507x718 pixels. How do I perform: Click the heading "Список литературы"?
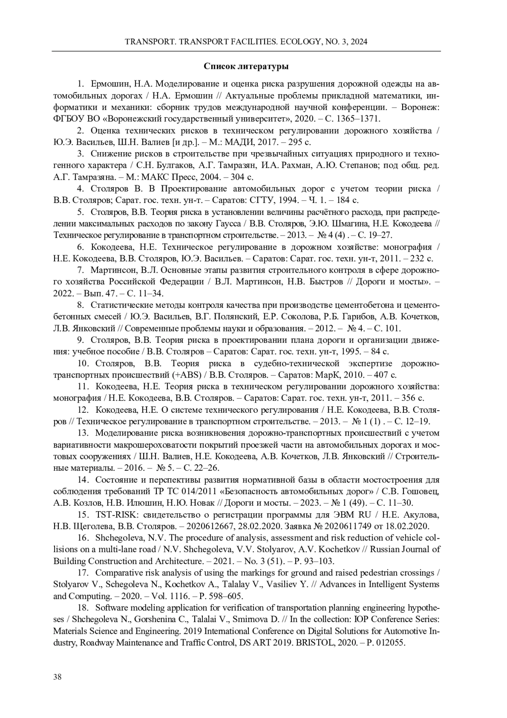246,66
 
